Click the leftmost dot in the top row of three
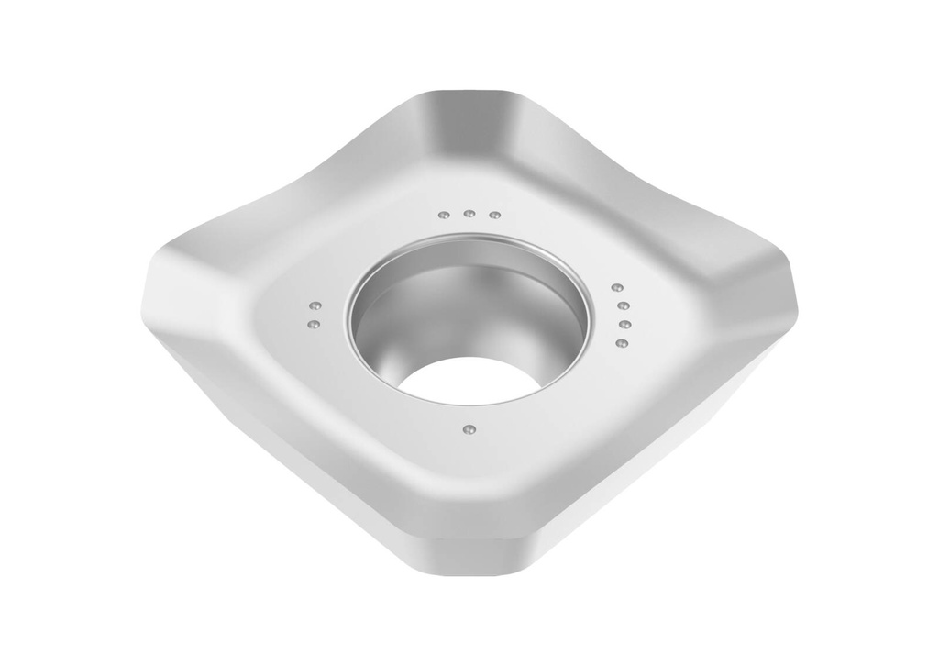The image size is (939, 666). point(444,216)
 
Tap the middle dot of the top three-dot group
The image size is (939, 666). point(469,214)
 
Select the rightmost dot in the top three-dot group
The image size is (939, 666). point(494,216)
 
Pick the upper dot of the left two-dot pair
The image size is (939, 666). point(314,305)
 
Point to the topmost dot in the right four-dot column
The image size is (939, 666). point(616,288)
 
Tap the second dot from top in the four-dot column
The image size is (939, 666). point(623,306)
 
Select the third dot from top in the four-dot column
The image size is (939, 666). point(624,325)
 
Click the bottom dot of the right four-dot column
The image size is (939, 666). point(622,343)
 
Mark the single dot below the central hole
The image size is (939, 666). point(469,428)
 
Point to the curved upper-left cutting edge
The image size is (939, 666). point(293,193)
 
